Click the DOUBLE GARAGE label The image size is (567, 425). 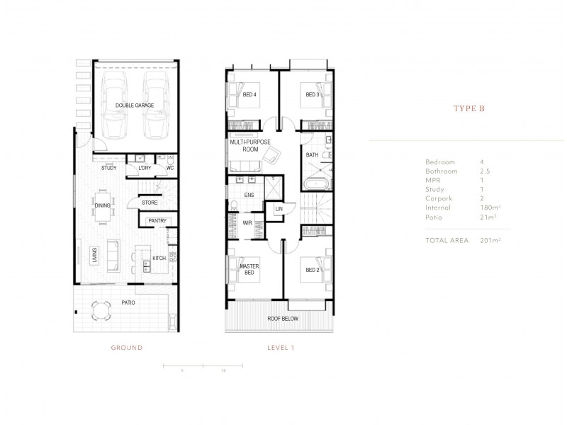[134, 105]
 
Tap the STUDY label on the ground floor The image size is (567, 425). [108, 168]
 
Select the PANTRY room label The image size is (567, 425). [157, 221]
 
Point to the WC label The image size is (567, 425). [170, 168]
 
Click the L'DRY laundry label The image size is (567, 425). [145, 168]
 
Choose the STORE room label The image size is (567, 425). [149, 203]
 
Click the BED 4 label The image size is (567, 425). [250, 95]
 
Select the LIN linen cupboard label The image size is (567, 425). [279, 210]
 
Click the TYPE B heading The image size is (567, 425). [468, 109]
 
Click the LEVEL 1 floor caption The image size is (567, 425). [281, 348]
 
